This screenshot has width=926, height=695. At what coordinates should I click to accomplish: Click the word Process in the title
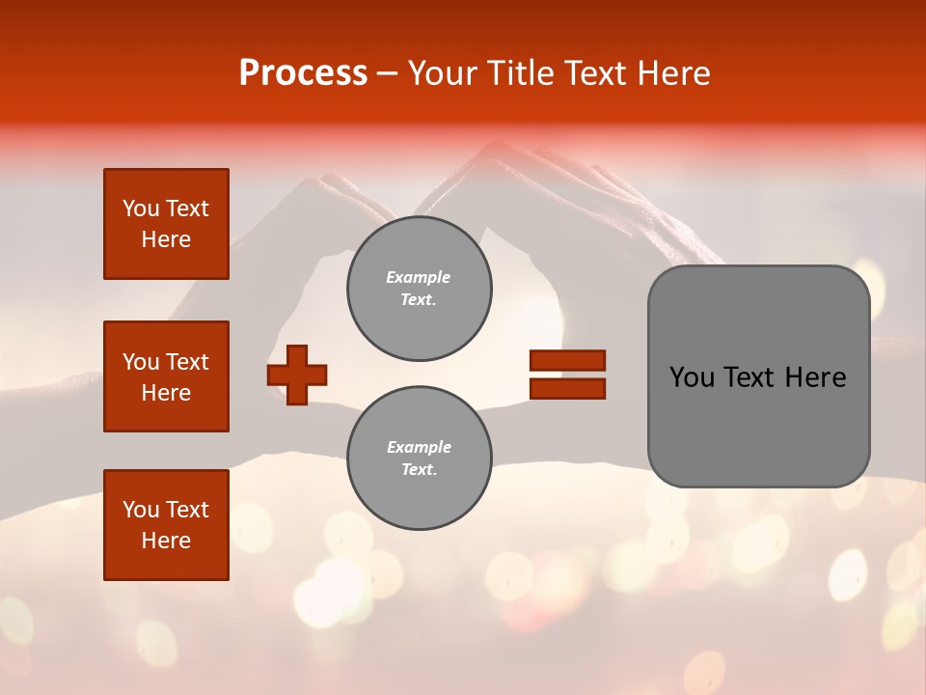pos(303,73)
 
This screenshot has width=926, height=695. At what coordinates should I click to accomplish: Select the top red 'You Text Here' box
pos(166,224)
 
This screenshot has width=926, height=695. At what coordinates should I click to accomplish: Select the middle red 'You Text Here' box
pos(166,376)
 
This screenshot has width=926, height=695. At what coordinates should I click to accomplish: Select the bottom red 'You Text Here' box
pos(166,525)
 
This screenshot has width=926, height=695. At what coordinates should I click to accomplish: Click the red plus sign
pos(297,374)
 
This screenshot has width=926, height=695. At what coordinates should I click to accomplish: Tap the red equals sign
pos(567,375)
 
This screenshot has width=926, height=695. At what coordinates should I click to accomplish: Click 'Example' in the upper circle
pos(418,277)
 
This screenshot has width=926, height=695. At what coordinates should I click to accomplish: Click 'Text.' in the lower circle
pos(419,469)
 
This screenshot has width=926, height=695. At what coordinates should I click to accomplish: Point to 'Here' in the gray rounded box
pos(815,377)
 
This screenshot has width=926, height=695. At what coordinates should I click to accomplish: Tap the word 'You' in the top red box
pos(141,208)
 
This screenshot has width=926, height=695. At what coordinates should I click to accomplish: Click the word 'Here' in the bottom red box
pos(166,541)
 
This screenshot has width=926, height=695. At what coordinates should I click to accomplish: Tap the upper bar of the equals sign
pos(567,361)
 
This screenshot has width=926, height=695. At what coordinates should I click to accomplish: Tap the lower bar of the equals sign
pos(567,388)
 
